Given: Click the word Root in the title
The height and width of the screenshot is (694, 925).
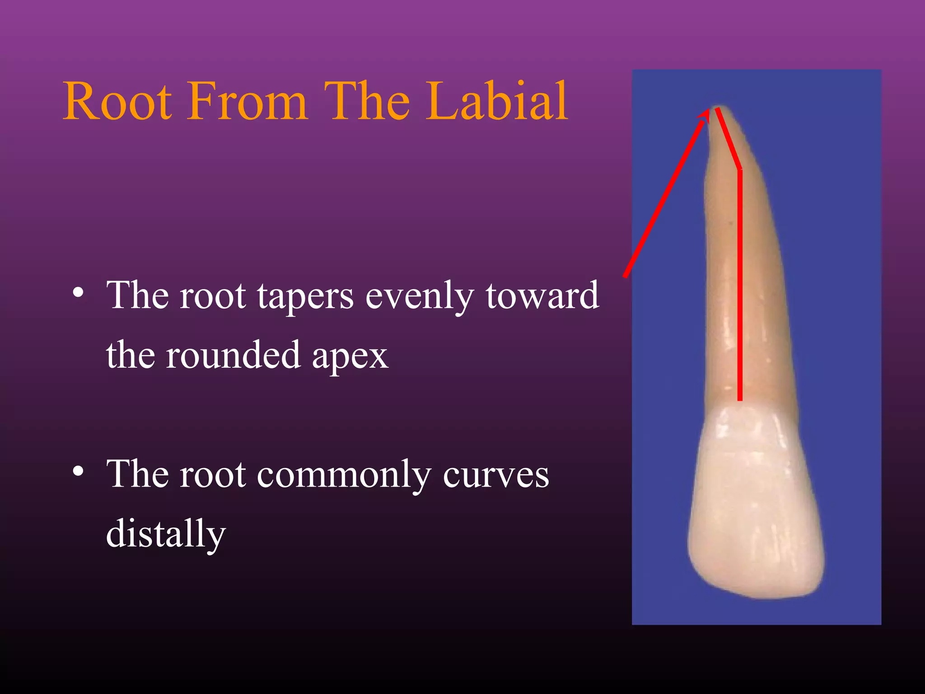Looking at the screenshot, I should click(117, 102).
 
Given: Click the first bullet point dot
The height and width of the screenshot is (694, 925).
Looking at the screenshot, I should click(78, 292).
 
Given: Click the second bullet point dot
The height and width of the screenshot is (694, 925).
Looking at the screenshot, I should click(78, 471).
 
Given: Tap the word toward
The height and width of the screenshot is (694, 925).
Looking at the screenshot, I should click(542, 296).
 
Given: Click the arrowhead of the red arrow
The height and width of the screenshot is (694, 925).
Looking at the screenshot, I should click(704, 114).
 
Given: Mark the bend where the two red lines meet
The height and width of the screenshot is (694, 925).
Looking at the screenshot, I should click(739, 169).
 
